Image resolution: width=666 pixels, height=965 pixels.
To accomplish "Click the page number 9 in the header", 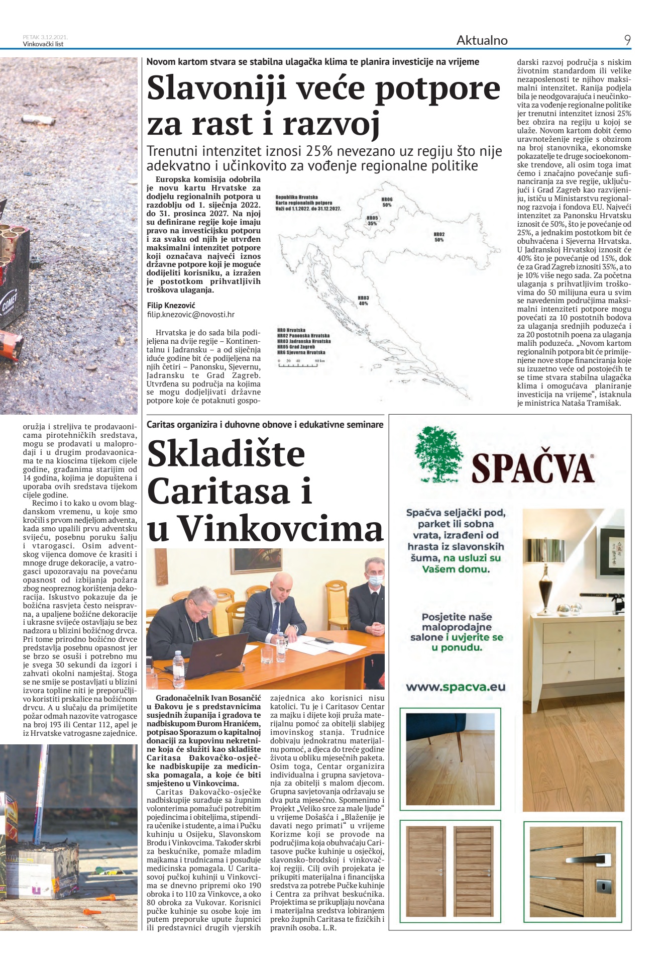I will click(627, 40).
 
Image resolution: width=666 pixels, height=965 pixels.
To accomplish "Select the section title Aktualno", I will click(482, 40).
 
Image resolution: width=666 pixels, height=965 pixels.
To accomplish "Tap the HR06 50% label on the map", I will click(387, 202).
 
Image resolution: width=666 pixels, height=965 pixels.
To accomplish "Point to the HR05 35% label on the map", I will click(372, 221).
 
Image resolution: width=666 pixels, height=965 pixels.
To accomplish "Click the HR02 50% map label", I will click(439, 237).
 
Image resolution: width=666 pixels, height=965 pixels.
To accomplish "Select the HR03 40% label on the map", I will click(363, 301).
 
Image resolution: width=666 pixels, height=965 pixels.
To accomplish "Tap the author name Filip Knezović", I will click(171, 305).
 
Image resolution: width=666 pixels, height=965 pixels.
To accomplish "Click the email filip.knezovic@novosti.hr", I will click(190, 315).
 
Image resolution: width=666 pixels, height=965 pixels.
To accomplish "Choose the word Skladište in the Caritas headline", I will click(226, 453).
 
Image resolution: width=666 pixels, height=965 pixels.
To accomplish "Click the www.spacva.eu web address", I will click(456, 687).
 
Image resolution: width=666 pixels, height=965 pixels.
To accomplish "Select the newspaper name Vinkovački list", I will click(43, 44).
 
